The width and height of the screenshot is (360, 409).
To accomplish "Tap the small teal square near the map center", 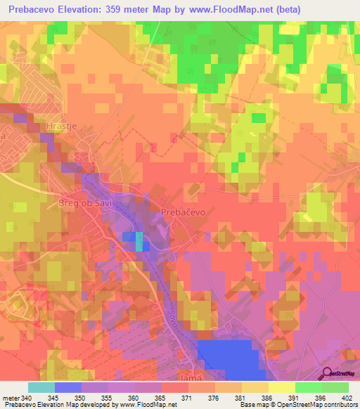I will [x=139, y=241].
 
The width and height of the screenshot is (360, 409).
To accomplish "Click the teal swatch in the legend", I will [x=41, y=387].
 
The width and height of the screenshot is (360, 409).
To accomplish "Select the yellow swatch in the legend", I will [x=281, y=387].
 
